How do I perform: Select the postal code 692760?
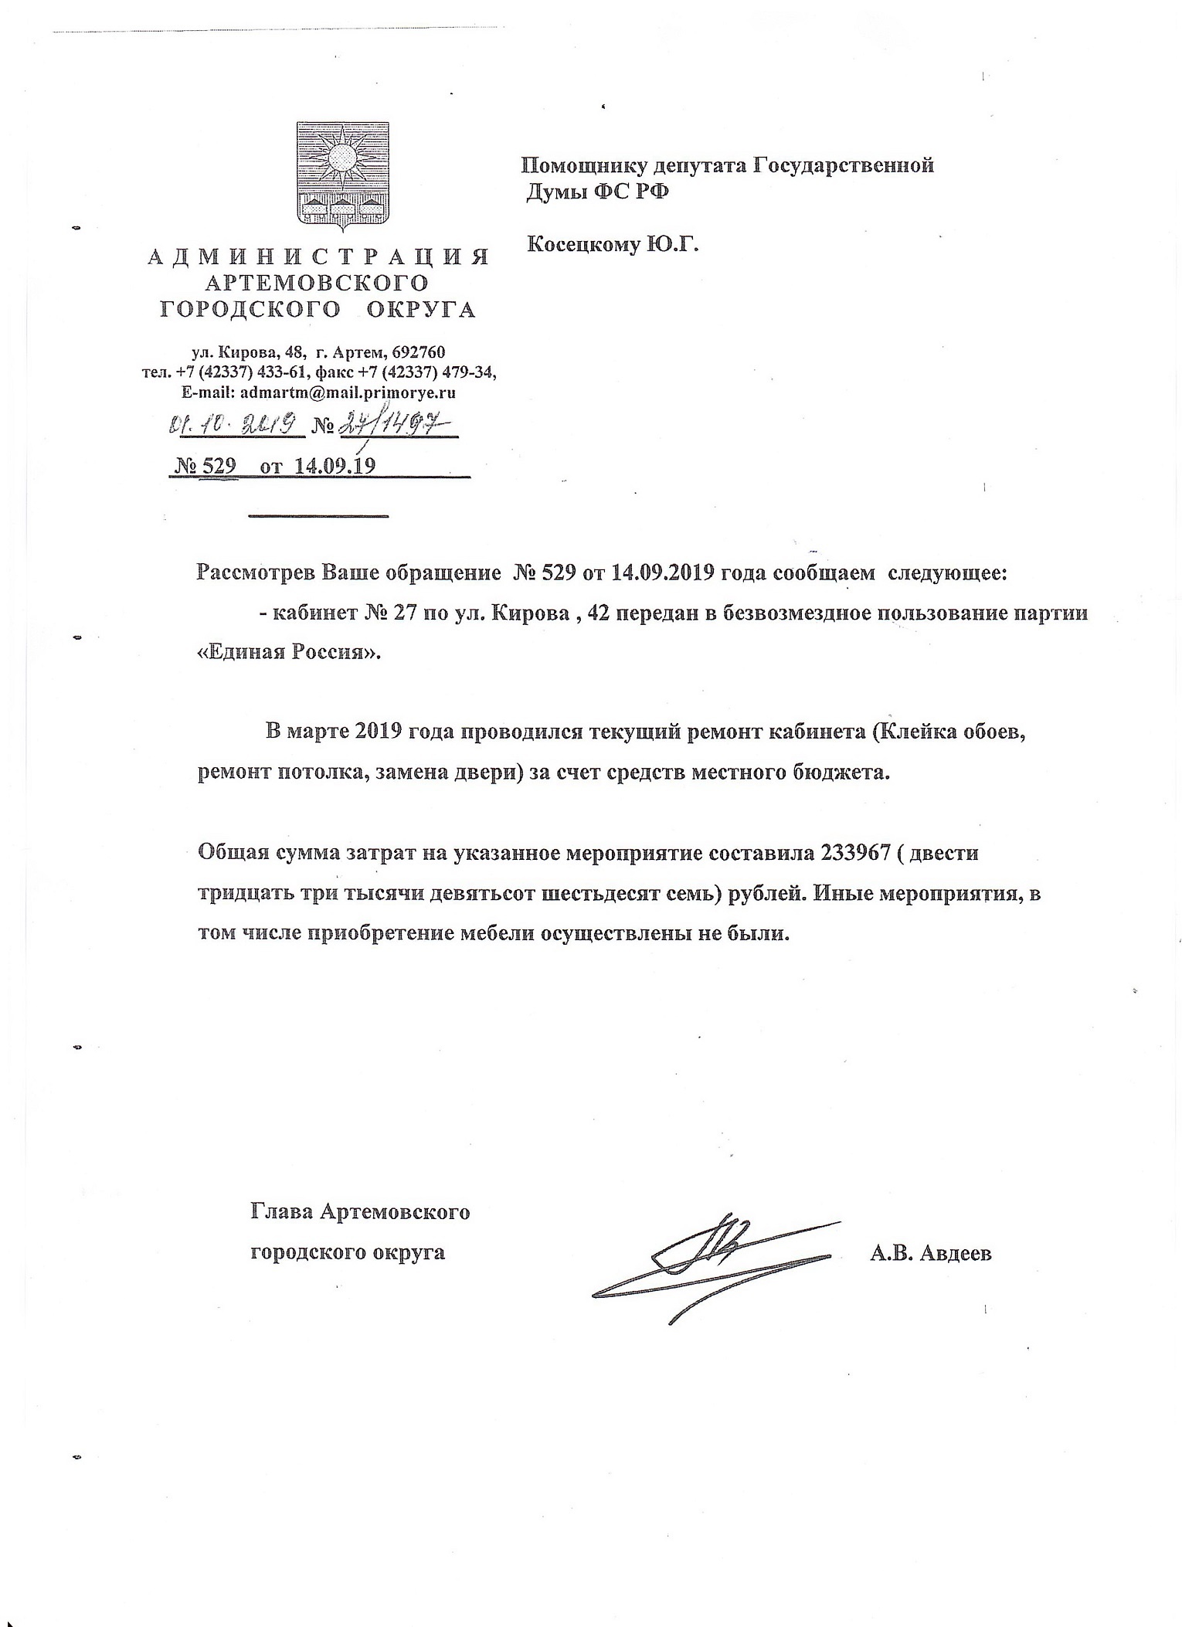[x=419, y=352]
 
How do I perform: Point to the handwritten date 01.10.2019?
[x=231, y=424]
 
